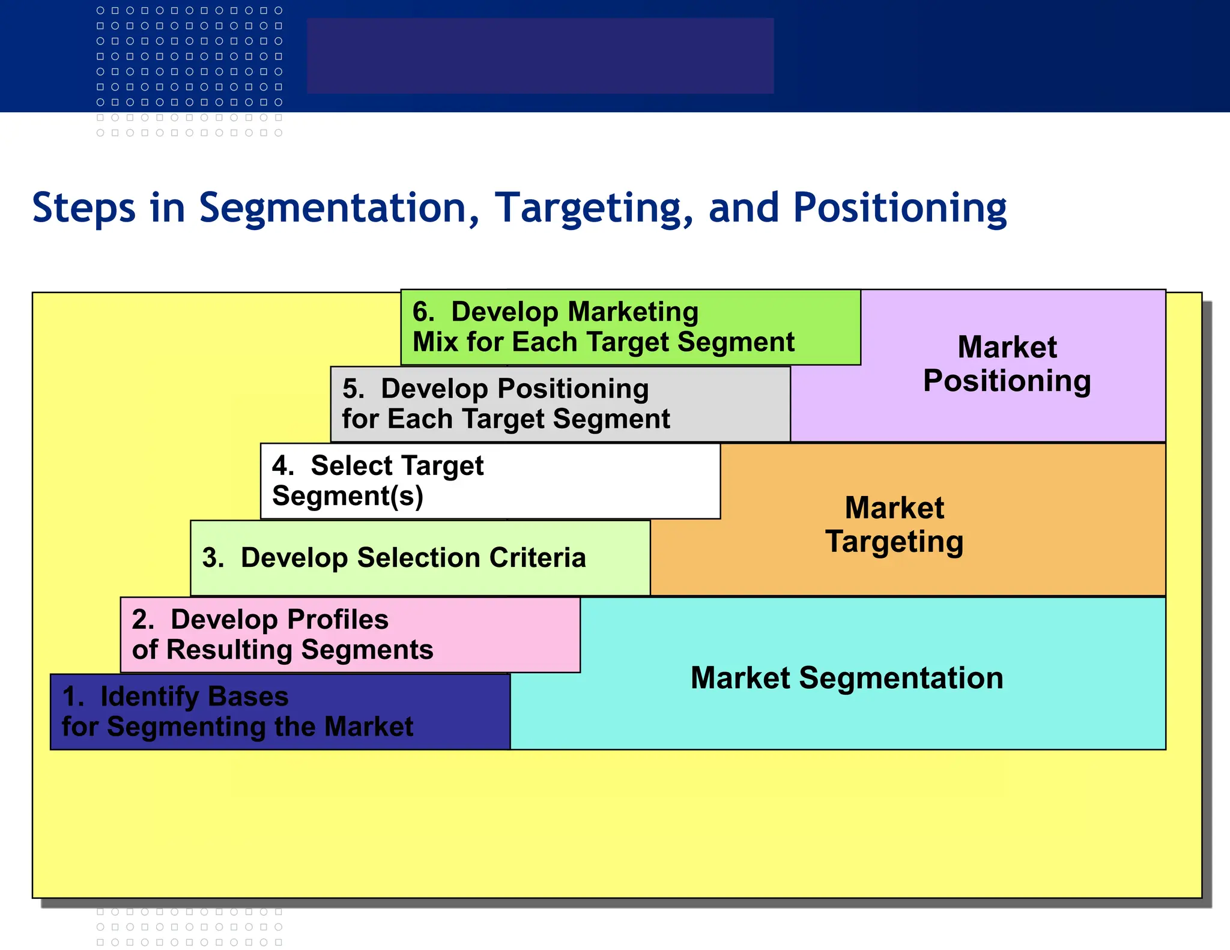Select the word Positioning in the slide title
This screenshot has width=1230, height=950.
900,208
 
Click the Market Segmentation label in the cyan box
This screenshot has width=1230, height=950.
847,678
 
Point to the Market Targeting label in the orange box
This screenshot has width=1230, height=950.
894,524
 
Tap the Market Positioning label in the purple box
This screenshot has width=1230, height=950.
1007,364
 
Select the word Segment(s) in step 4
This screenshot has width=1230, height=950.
348,497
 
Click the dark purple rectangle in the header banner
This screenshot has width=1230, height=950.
540,55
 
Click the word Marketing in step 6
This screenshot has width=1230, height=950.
633,312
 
